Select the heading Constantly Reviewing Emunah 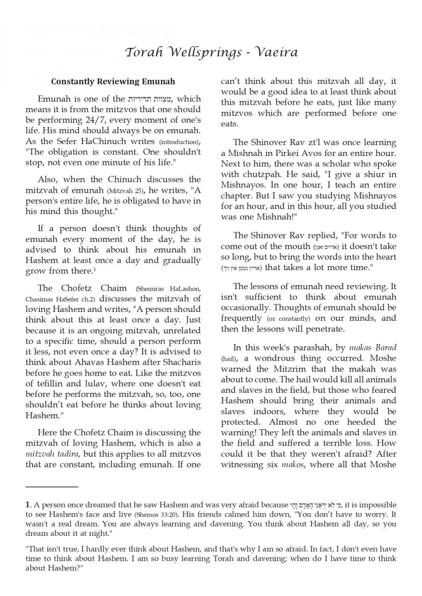pyautogui.click(x=113, y=81)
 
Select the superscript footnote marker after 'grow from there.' pyautogui.click(x=94, y=269)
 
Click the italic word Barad pyautogui.click(x=385, y=347)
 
